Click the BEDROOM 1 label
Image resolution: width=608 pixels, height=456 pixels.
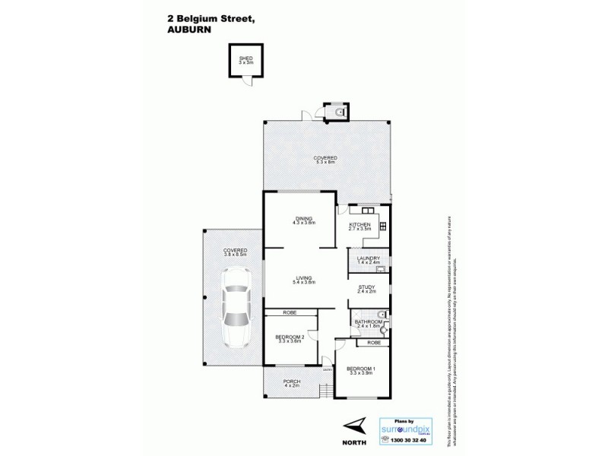point(360,371)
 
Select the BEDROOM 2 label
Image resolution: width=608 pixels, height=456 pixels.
point(290,338)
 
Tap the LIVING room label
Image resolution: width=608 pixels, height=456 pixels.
point(305,279)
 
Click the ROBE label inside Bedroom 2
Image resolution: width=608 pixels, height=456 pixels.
point(289,313)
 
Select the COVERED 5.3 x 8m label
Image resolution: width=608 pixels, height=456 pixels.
point(325,160)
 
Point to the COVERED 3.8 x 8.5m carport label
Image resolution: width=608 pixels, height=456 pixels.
point(233,252)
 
